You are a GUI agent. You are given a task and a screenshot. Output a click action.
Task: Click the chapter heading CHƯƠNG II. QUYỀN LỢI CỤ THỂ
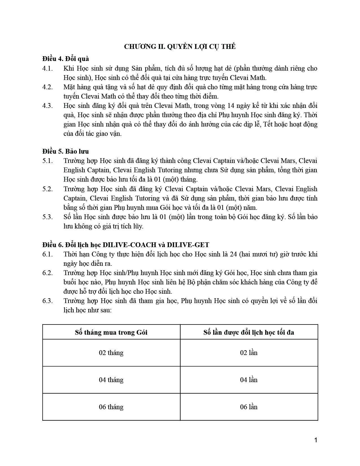point(180,47)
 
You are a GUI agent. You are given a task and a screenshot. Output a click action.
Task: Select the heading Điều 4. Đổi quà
point(66,59)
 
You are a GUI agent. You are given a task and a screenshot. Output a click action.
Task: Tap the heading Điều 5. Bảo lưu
point(66,151)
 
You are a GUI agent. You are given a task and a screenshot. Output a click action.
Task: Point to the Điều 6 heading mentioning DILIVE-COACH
point(126,245)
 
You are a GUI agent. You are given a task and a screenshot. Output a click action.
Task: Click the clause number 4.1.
point(47,68)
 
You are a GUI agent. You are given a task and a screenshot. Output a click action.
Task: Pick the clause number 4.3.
point(47,106)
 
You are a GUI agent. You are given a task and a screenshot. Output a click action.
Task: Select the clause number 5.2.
point(47,189)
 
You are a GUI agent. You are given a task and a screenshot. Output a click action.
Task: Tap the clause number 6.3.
point(47,301)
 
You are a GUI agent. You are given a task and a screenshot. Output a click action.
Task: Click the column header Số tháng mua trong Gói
point(111,332)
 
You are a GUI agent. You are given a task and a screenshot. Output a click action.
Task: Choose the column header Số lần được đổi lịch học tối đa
point(249,332)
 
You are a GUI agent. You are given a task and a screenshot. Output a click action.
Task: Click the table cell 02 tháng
point(111,353)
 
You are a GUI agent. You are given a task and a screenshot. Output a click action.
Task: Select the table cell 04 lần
point(249,380)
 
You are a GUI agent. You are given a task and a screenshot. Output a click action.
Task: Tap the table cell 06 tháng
point(111,407)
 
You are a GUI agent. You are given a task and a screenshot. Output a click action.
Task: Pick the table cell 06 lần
point(249,407)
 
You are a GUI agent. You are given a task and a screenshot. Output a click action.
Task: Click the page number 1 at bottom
point(316,440)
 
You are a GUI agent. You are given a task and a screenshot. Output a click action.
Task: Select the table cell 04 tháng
point(111,380)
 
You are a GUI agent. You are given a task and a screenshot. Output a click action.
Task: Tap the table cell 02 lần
point(249,353)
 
